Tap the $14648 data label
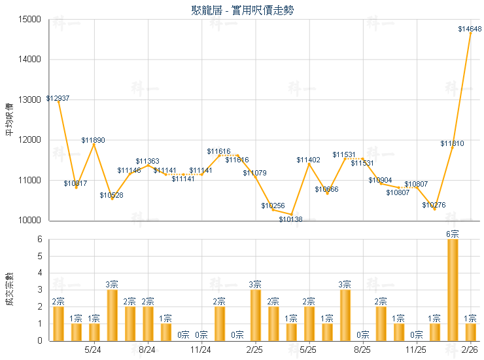pos(470,29)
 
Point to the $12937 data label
pos(58,98)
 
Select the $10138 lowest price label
pos(290,219)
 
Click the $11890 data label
pos(93,140)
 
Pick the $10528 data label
pos(111,195)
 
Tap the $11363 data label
pos(147,161)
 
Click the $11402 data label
pos(308,160)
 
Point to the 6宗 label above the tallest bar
pos(452,234)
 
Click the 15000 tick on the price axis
pos(33,20)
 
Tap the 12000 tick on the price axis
pos(33,140)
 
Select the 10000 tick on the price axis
pos(33,221)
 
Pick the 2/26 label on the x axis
pos(470,350)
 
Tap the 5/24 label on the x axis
pos(94,350)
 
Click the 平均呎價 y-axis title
pos(9,119)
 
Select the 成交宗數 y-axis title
pos(9,289)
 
